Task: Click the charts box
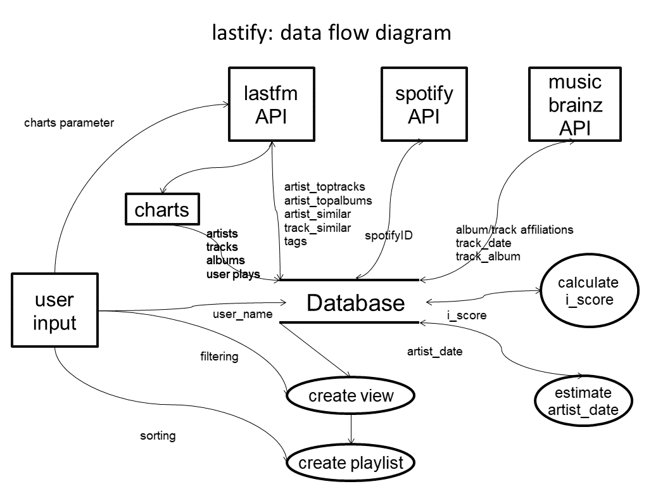162,210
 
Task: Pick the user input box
54,311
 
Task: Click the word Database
355,303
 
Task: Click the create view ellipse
351,397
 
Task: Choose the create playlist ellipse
350,462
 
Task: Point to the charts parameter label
69,123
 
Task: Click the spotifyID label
389,235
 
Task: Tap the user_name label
243,314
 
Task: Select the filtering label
219,357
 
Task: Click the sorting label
158,436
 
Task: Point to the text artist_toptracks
325,188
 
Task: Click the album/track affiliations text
514,230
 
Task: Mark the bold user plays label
233,274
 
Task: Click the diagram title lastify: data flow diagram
332,32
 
